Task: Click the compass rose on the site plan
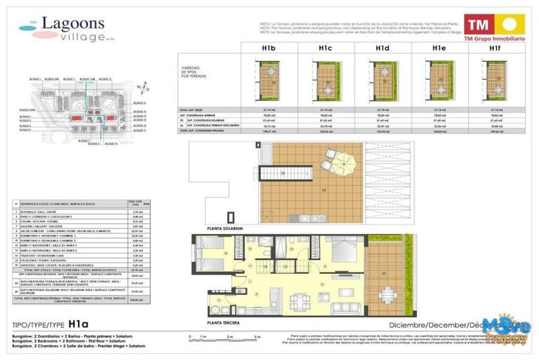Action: point(139,86)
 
